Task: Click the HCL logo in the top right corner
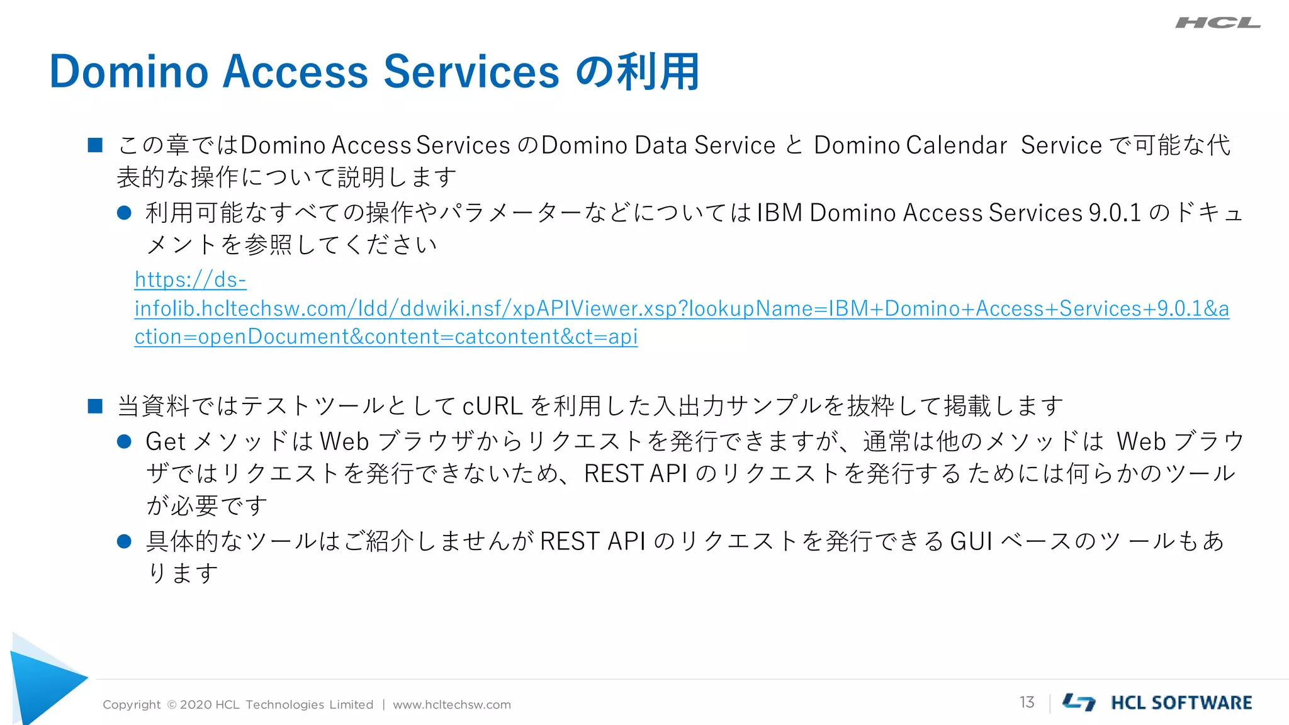coord(1217,23)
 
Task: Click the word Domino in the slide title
coord(128,72)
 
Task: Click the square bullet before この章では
coord(95,145)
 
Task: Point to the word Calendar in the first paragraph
coord(957,145)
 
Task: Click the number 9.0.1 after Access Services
coord(1115,213)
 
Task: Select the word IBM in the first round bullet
coord(779,213)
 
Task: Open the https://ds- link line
coord(190,279)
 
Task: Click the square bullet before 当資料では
coord(95,406)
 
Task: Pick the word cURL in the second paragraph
coord(492,406)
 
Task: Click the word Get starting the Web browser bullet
coord(165,442)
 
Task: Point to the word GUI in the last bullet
coord(971,541)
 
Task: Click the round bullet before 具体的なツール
coord(124,541)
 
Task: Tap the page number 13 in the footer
coord(1027,702)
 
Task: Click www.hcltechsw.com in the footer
coord(451,705)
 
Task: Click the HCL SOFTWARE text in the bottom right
coord(1181,703)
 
